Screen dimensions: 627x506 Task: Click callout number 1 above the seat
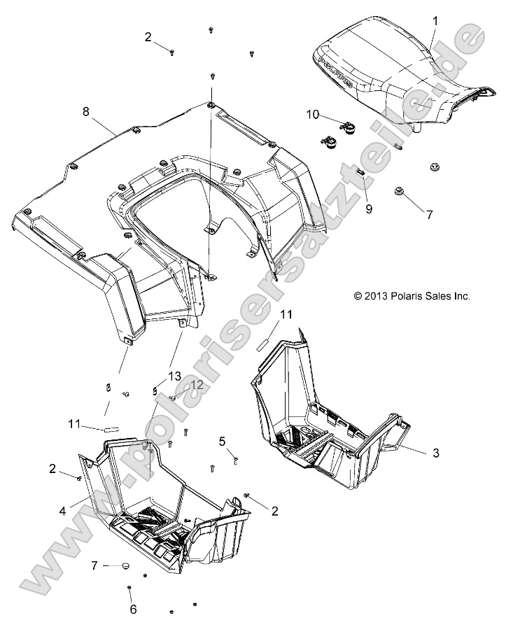click(x=435, y=22)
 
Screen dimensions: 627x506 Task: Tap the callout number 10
click(x=312, y=113)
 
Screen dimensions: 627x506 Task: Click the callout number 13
click(x=174, y=376)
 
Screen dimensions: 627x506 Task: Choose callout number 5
click(x=223, y=442)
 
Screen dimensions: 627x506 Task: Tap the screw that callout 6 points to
click(x=131, y=587)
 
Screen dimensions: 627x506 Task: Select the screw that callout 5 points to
click(x=236, y=460)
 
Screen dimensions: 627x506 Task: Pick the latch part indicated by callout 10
click(x=347, y=127)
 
